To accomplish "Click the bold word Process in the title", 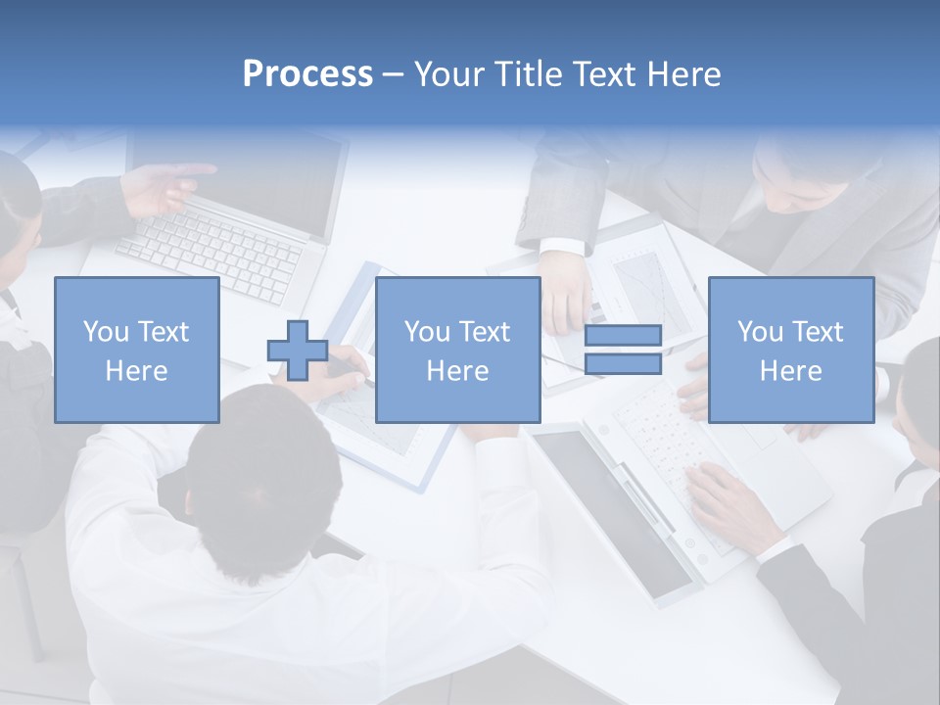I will coord(307,74).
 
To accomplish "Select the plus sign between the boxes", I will coord(298,351).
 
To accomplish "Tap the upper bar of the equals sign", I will coord(623,335).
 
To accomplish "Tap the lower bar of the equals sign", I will coord(623,364).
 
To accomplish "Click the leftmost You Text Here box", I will coord(136,350).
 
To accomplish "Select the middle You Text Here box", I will coord(457,350).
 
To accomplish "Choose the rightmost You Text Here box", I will coord(790,350).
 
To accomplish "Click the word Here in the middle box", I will coord(457,371).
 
